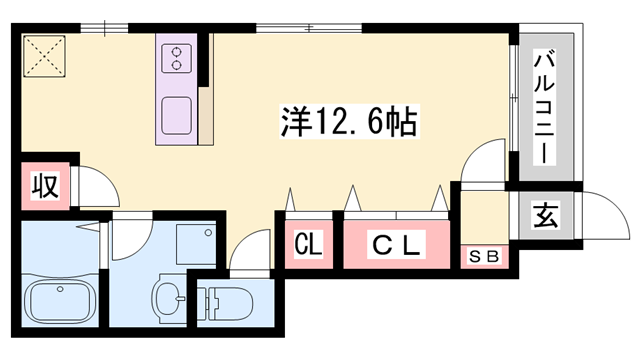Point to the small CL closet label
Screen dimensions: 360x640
[x=308, y=243]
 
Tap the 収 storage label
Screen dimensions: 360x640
[x=44, y=186]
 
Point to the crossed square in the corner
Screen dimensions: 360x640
[x=43, y=57]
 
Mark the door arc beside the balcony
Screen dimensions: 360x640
[x=487, y=160]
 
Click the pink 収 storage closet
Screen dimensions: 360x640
[x=44, y=186]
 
